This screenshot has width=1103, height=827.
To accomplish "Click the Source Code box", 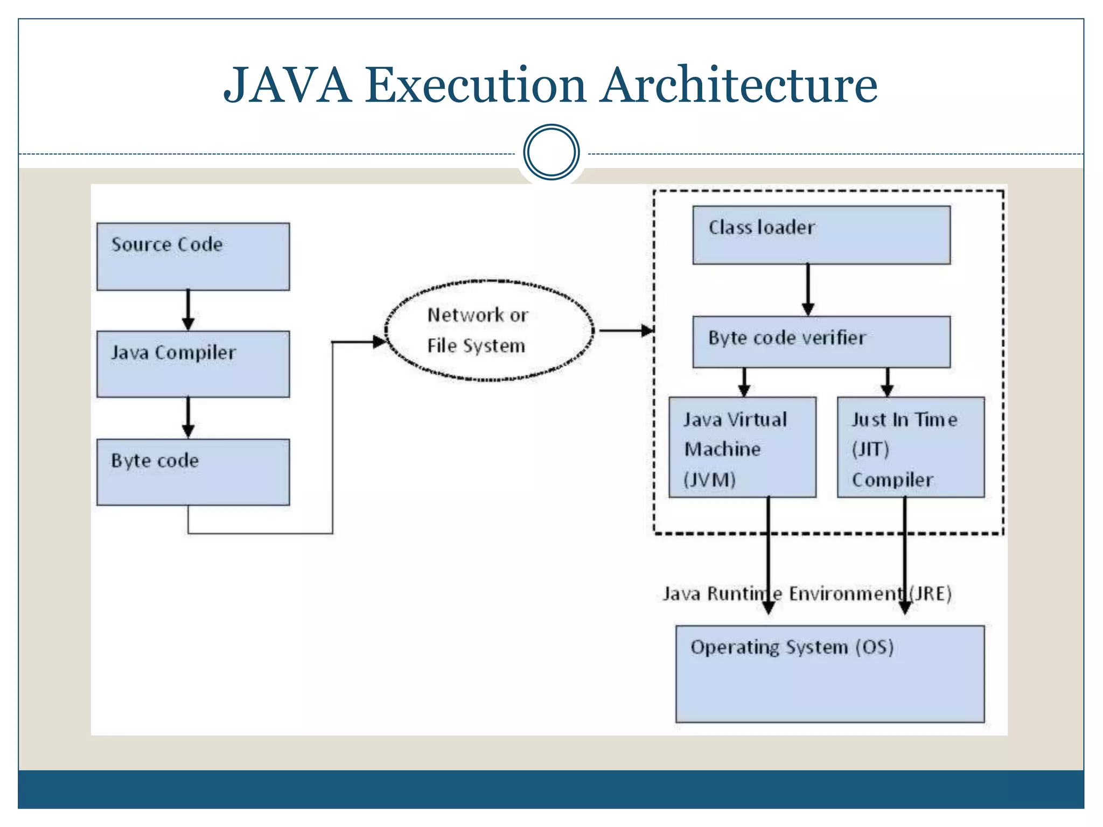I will coord(193,257).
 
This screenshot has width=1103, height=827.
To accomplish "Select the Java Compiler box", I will coord(193,365).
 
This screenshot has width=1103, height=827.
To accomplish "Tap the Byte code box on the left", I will coord(193,472).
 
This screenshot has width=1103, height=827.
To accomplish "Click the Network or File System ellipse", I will coord(489,330).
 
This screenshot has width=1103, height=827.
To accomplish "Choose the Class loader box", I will coord(821,235).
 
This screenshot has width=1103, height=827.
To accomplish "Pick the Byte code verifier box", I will coord(821,342).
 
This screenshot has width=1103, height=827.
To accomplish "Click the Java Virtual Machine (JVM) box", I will coord(742,447).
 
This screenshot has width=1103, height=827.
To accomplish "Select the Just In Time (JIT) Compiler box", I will coord(911,447).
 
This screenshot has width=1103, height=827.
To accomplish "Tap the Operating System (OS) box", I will coord(830,674).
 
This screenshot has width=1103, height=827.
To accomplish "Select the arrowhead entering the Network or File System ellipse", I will coord(379,341).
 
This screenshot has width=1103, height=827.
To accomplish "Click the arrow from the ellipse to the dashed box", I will coord(625,331).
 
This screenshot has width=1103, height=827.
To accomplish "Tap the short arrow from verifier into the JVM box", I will coord(744,383).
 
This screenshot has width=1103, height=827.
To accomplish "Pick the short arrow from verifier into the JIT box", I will coord(888,383).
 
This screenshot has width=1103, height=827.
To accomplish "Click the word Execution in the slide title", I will coord(476,85).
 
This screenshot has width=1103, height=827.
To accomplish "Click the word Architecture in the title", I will coord(739,85).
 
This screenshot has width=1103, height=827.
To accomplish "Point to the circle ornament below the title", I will coord(551,152).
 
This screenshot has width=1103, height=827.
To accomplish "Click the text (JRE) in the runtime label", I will coord(931,593).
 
